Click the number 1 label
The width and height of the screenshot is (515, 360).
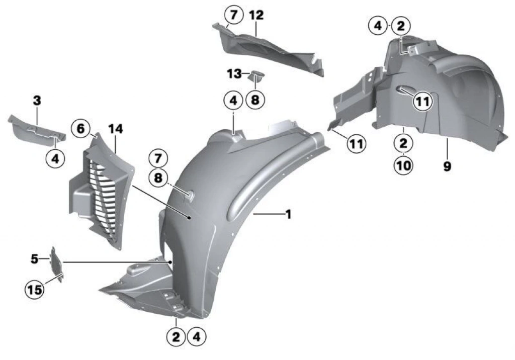pos(288,215)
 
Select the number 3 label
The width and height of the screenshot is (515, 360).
pos(37,101)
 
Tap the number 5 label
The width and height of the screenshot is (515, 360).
pos(35,259)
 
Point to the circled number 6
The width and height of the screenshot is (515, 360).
pos(81,128)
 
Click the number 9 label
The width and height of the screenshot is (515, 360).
pos(447,166)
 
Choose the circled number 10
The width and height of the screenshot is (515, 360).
pos(404,165)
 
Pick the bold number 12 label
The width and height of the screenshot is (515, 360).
pos(256,15)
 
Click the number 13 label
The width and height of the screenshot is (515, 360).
pos(234,74)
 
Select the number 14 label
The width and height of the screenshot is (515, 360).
pos(116,129)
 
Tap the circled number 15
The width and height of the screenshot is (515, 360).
pos(35,290)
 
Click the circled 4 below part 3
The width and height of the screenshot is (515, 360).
pos(55,159)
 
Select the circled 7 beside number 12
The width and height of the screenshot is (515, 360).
pos(233,15)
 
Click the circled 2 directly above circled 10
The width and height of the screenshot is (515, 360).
pos(403,143)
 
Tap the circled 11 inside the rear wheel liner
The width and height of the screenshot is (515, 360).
pos(422,102)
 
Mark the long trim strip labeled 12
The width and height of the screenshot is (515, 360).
pos(268,49)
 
